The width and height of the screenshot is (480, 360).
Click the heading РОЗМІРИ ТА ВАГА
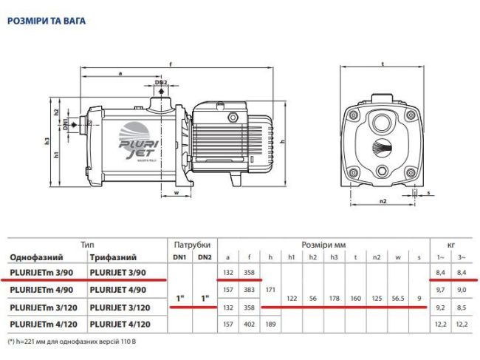coord(46,21)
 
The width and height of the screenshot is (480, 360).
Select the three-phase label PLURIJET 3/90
coord(118,273)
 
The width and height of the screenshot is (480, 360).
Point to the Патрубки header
coord(192,244)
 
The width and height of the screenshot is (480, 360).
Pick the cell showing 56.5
coord(399,298)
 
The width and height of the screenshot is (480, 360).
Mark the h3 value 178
coord(335,298)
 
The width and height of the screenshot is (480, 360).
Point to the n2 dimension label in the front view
coord(383,200)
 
